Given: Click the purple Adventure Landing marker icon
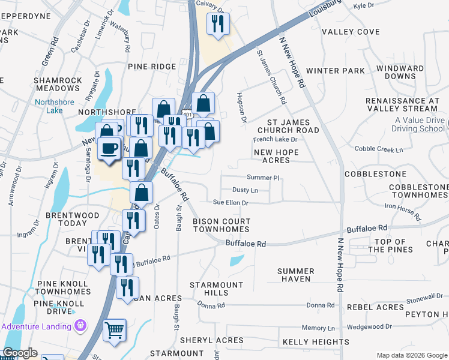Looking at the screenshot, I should tap(80, 326).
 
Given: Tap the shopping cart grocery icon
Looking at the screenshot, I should tap(114, 330).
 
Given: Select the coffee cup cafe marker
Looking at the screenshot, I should tap(109, 148).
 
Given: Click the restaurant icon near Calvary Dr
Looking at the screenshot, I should tap(217, 24).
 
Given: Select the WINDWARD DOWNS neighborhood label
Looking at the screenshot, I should tap(408, 73).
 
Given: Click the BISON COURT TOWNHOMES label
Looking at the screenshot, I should tap(221, 226).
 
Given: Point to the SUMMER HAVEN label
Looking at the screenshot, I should tap(296, 275).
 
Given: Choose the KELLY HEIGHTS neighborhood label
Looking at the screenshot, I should tap(316, 342).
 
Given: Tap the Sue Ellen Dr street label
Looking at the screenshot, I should tap(232, 203).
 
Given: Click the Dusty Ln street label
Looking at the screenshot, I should tap(245, 190).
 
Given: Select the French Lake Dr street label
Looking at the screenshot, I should tap(275, 139).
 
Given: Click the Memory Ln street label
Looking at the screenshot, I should tap(318, 328).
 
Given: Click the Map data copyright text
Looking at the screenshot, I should tap(411, 355).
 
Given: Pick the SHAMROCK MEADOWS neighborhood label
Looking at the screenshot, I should tap(58, 85).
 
